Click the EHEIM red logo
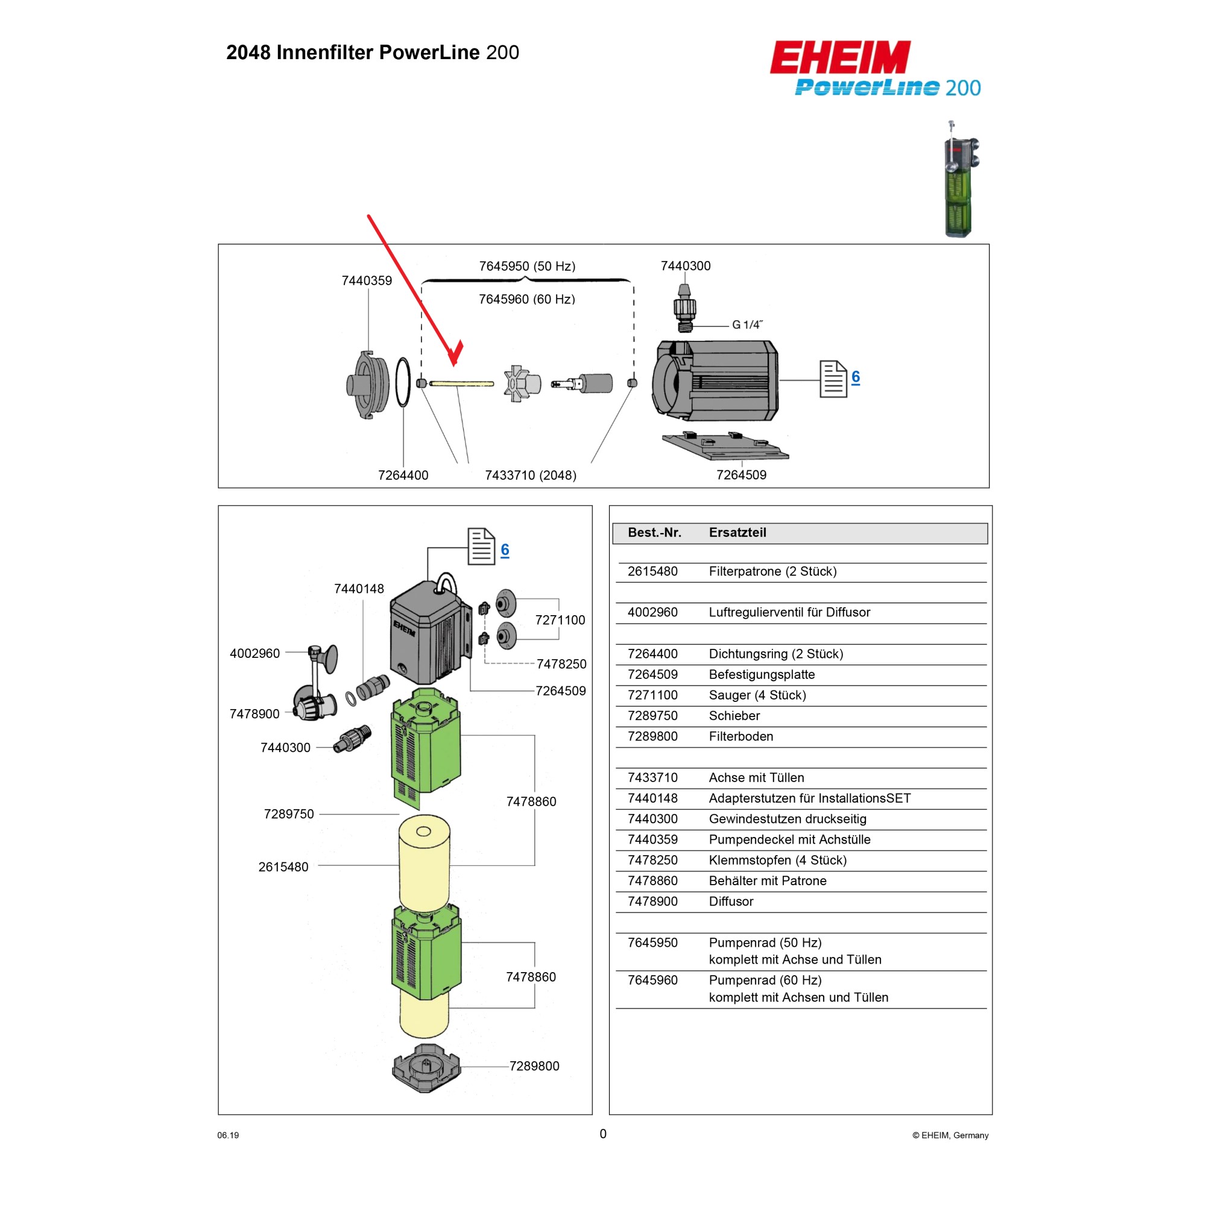[840, 57]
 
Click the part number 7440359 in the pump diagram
[367, 281]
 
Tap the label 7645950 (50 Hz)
[527, 267]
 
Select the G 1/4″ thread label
[747, 324]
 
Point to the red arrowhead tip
[455, 364]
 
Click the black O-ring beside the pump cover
[403, 382]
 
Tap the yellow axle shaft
[462, 384]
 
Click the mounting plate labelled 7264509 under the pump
[725, 446]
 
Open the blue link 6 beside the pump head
[855, 377]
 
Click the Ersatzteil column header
[737, 532]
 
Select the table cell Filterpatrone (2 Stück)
[772, 571]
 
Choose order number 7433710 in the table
[652, 777]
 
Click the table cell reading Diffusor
[731, 901]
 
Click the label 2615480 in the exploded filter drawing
[283, 867]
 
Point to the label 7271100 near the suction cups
[560, 620]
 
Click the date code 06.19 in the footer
[228, 1135]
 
